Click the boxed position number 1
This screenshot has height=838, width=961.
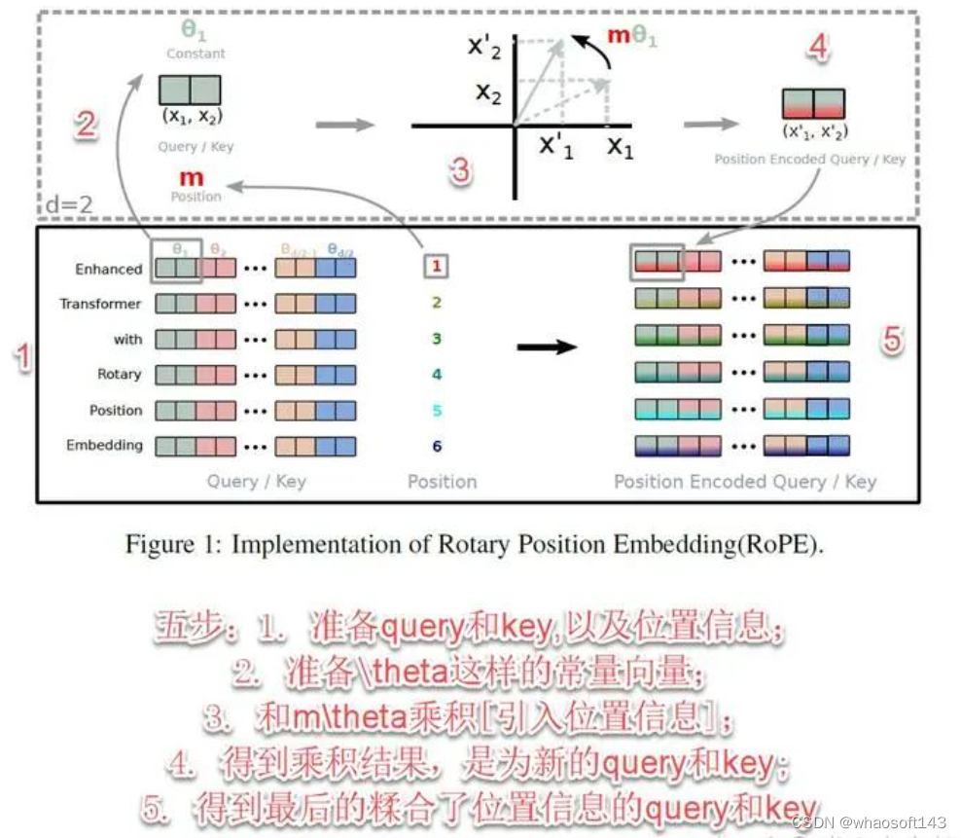pyautogui.click(x=437, y=265)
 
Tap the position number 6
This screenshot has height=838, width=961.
pyautogui.click(x=437, y=447)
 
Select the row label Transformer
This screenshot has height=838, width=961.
pyautogui.click(x=100, y=304)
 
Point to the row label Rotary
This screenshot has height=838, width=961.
pyautogui.click(x=119, y=374)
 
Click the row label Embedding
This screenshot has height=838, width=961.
pyautogui.click(x=104, y=446)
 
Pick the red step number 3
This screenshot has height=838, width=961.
pyautogui.click(x=459, y=171)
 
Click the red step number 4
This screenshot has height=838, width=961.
pyautogui.click(x=819, y=47)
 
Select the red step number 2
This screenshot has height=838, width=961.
pyautogui.click(x=87, y=125)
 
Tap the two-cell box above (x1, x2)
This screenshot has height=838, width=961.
pyautogui.click(x=190, y=91)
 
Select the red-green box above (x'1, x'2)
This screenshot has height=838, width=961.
pyautogui.click(x=813, y=104)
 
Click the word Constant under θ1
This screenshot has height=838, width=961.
pyautogui.click(x=196, y=54)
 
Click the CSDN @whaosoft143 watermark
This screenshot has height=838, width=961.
pyautogui.click(x=869, y=822)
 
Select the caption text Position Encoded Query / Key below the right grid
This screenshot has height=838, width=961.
pyautogui.click(x=745, y=481)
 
